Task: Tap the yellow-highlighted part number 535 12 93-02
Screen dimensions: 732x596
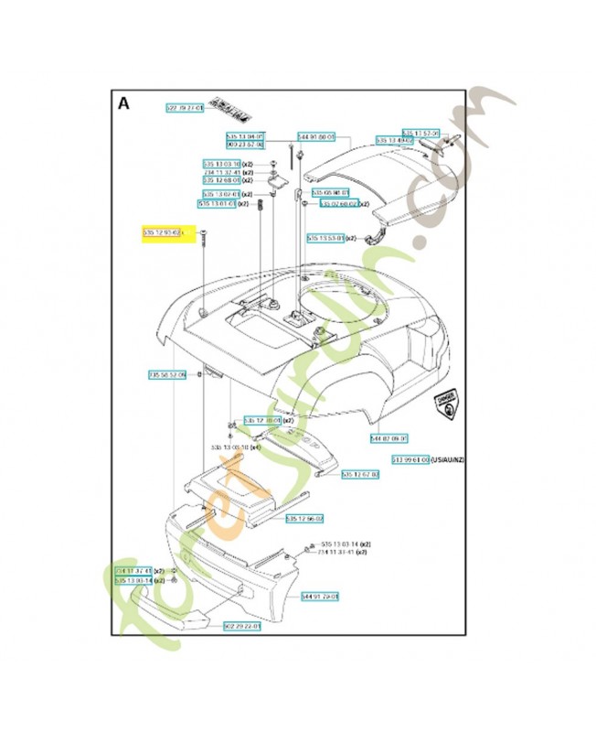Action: coord(164,234)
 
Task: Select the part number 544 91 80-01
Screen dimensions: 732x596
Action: coord(319,135)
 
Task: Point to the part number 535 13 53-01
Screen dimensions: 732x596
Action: coord(326,238)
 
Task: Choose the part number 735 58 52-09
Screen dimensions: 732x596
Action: coord(167,375)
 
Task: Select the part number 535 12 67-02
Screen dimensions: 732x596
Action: coord(360,475)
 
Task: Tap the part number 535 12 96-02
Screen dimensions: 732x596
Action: coord(303,520)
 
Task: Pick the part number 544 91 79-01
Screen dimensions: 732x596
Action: coord(321,596)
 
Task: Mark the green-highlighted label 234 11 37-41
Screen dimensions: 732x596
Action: coord(133,570)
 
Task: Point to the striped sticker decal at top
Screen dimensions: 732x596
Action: coord(230,110)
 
